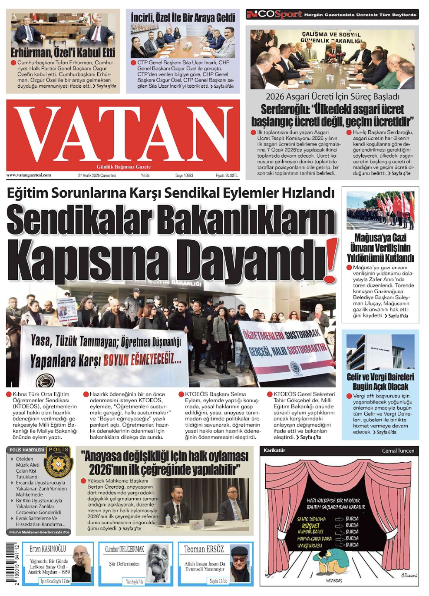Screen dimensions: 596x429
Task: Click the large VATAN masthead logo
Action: pos(123,132)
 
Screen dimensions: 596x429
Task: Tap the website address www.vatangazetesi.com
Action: pos(29,175)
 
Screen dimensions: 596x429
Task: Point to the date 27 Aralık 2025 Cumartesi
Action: pos(97,175)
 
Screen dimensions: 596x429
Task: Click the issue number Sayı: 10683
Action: pos(184,175)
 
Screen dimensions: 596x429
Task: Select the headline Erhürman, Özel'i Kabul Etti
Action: pos(63,53)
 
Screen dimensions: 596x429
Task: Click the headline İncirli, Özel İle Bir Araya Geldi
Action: pos(183,18)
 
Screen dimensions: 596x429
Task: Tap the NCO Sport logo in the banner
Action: pos(274,14)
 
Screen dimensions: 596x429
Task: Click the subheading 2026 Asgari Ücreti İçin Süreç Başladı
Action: pos(332,96)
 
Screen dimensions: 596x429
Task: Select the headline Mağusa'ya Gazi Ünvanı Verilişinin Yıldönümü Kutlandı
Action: pos(380,248)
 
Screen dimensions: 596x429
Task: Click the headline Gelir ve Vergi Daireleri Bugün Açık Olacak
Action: pos(380,382)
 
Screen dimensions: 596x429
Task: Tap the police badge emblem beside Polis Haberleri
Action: pos(59,463)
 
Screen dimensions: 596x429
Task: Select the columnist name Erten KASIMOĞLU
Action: pos(48,549)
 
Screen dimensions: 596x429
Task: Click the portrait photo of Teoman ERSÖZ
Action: pos(240,563)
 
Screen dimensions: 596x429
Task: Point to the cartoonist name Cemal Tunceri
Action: pos(398,450)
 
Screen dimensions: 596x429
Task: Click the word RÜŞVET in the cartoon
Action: pos(310,526)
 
